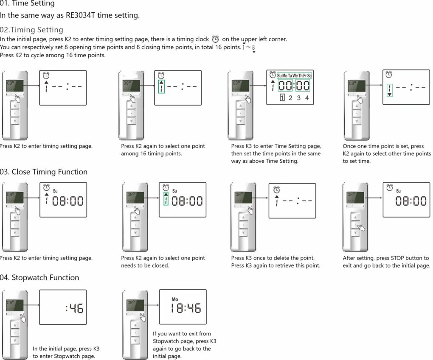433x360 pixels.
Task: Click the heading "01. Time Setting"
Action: click(x=27, y=4)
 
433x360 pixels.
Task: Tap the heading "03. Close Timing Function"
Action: click(x=44, y=172)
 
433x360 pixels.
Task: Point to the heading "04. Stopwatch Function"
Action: click(x=39, y=278)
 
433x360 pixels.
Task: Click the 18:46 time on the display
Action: click(x=186, y=308)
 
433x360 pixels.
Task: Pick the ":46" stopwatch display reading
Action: click(x=75, y=308)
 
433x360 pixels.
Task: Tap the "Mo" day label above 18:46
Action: click(x=175, y=299)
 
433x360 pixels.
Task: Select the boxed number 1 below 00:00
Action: click(x=282, y=98)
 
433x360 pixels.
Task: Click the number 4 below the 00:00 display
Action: click(x=306, y=98)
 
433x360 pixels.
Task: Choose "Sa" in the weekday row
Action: click(x=309, y=75)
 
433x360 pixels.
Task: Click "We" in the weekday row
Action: click(x=295, y=75)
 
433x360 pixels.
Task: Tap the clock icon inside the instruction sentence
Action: click(x=215, y=39)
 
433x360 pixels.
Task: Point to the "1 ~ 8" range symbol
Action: click(x=248, y=47)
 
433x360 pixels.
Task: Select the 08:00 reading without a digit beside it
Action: click(x=411, y=201)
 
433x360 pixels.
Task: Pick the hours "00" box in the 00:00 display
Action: click(x=285, y=86)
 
